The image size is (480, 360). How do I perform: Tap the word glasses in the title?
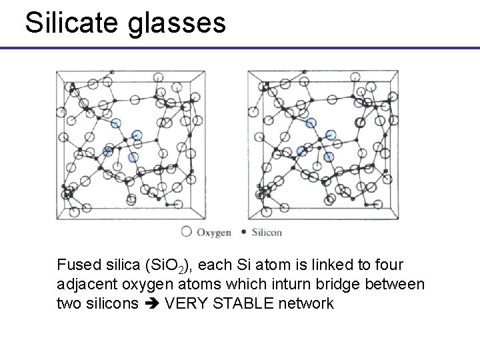pos(176,23)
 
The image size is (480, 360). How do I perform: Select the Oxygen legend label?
pos(213,232)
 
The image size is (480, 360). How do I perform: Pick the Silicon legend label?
pos(266,232)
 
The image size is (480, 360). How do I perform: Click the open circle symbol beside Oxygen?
pos(186,232)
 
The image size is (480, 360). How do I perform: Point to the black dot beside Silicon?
pos(243,232)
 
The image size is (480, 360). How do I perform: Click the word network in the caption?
pos(306,303)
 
